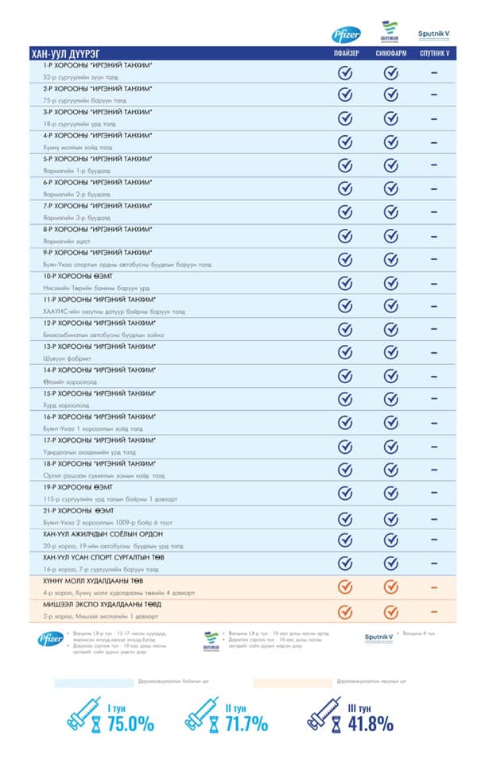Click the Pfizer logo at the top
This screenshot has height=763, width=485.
coord(346,33)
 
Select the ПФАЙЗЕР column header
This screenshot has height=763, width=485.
coord(346,54)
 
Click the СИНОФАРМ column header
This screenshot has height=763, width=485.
coord(390,54)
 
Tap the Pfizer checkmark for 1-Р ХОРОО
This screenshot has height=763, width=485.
coord(345,72)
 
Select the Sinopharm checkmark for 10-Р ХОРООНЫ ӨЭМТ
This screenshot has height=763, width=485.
coord(390,282)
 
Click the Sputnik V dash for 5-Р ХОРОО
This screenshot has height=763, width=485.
coord(434,165)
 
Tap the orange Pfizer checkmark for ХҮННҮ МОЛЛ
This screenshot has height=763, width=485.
coord(345,587)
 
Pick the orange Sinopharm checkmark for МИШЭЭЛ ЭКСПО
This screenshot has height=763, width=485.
coord(390,611)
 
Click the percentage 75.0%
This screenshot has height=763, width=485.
coord(130,723)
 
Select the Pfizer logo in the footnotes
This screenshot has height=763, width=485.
coord(50,639)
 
